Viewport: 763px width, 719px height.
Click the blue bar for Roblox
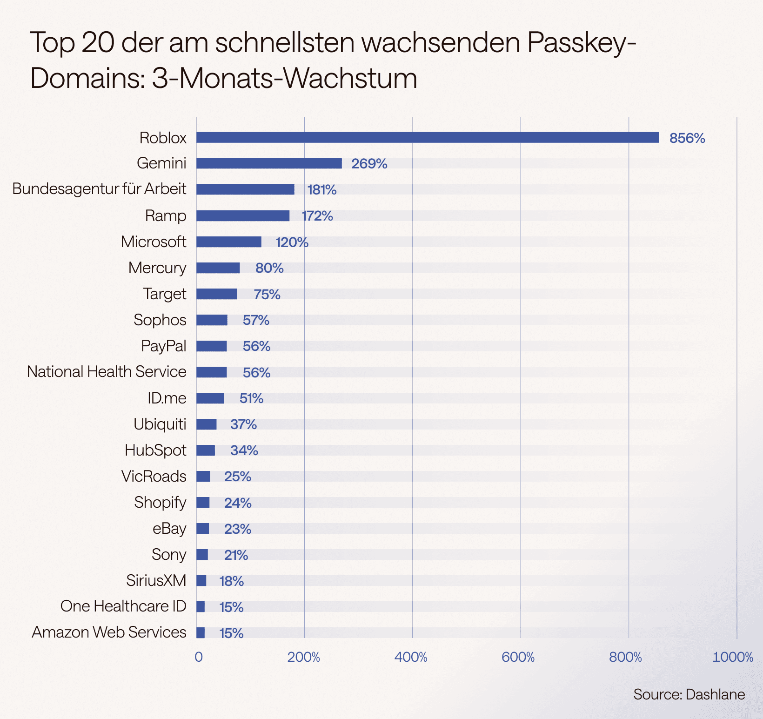click(x=427, y=137)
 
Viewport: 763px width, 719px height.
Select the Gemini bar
click(x=269, y=163)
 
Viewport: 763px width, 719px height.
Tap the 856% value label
click(x=687, y=138)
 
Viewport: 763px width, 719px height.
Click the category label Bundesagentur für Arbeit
click(x=99, y=189)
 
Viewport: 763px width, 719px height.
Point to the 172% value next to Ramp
click(x=317, y=216)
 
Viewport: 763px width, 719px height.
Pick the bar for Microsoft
click(x=228, y=242)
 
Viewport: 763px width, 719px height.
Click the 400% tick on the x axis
click(x=411, y=657)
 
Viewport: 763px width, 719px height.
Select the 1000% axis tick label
click(x=732, y=657)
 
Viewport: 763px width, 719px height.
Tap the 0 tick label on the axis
click(x=199, y=657)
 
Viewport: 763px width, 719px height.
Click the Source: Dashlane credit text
click(x=689, y=694)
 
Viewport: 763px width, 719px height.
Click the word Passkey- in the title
click(x=581, y=42)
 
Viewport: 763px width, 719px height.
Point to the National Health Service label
click(x=107, y=372)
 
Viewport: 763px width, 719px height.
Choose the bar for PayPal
click(x=212, y=346)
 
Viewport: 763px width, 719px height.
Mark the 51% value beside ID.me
click(x=251, y=398)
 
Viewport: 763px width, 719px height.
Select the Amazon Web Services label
click(x=109, y=632)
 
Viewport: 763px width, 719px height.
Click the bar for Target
click(x=216, y=294)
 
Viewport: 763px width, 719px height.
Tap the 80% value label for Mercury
click(x=269, y=268)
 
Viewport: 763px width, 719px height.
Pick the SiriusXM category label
click(x=156, y=581)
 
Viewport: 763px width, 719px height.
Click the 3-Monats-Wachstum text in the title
click(x=284, y=78)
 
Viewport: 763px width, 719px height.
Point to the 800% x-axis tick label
click(x=625, y=657)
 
